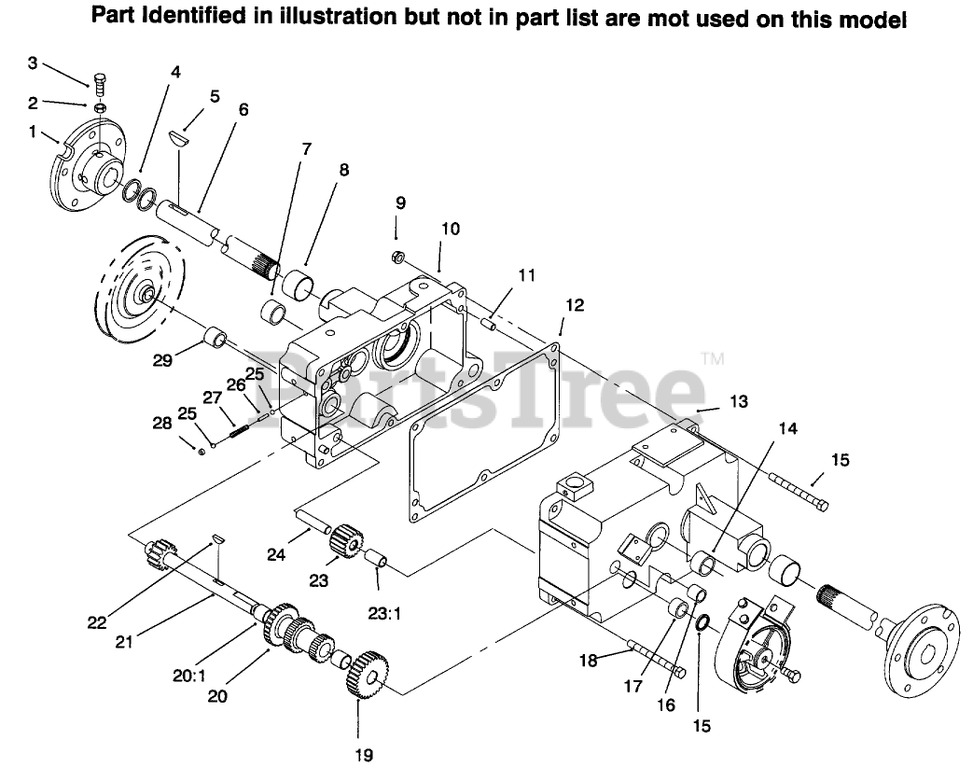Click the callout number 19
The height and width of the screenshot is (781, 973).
point(365,755)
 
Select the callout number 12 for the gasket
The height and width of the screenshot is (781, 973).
point(574,304)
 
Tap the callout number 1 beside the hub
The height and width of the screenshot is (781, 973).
point(34,132)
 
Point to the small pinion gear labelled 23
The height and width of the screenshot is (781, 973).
point(346,538)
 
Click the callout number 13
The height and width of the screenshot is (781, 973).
point(739,401)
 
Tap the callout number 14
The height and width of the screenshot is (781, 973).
point(788,428)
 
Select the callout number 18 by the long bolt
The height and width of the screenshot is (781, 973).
point(586,660)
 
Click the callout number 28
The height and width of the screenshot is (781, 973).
point(162,424)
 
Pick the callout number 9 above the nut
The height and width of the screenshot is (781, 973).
point(400,202)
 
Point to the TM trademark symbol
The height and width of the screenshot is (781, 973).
point(712,358)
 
